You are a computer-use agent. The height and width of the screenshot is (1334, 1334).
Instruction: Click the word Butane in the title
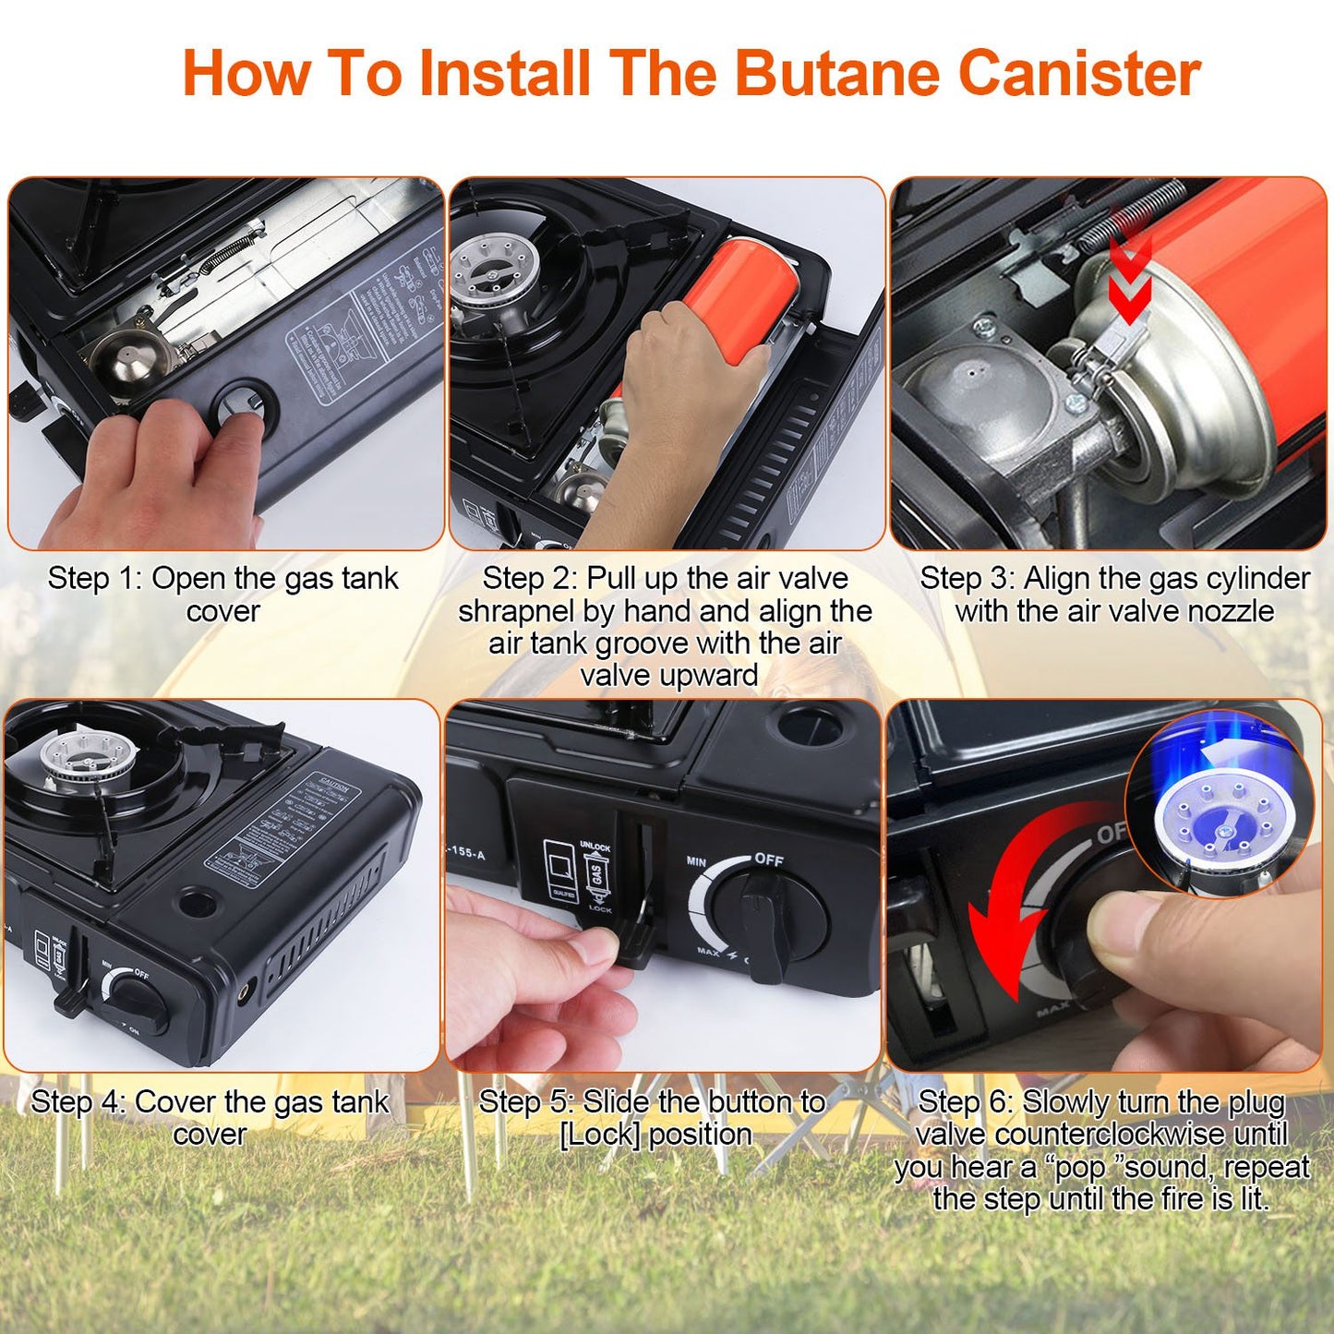click(x=836, y=73)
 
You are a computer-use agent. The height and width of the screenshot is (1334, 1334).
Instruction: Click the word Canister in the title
click(x=1079, y=73)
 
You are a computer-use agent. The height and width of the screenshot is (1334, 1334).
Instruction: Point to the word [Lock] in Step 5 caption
click(x=599, y=1135)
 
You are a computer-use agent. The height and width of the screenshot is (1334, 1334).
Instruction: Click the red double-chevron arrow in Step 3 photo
click(x=1129, y=277)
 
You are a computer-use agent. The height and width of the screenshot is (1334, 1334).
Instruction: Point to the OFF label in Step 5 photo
click(x=768, y=859)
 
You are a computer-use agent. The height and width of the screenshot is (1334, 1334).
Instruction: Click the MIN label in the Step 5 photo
click(x=696, y=861)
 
